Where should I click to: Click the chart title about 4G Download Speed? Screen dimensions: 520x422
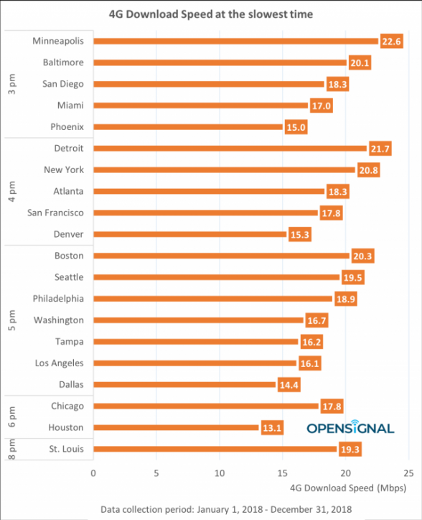click(210, 14)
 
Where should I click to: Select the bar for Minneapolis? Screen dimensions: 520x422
click(235, 41)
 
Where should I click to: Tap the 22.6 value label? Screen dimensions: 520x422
click(391, 41)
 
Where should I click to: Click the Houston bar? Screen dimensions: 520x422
click(176, 428)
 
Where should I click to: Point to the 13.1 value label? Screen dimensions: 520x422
click(271, 428)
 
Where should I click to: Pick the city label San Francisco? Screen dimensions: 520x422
click(55, 213)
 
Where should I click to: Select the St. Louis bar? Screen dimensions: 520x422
click(215, 450)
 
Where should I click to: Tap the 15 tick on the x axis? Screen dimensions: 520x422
click(282, 473)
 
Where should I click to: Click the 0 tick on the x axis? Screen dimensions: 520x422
click(93, 473)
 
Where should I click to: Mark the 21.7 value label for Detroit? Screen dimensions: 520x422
click(380, 149)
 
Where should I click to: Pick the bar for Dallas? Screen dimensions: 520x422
click(184, 385)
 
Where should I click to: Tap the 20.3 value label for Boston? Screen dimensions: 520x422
click(362, 256)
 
